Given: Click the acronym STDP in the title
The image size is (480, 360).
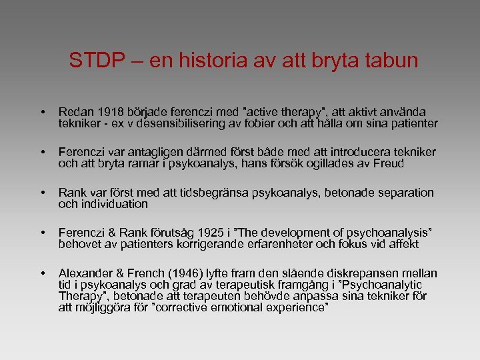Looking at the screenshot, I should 95,61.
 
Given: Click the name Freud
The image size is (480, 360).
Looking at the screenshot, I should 389,163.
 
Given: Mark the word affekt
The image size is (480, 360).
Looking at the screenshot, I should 403,244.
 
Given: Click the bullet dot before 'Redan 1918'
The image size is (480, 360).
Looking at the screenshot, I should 42,113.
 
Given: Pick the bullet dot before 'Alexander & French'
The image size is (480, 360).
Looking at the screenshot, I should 42,274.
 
